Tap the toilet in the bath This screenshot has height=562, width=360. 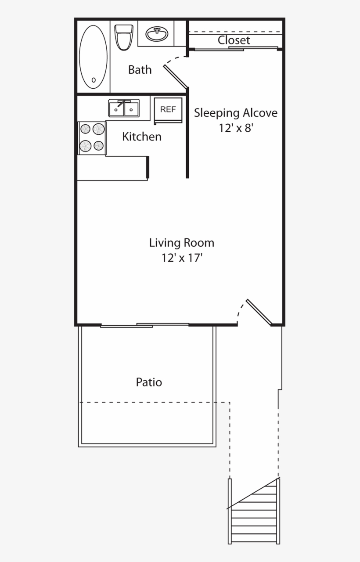(124, 37)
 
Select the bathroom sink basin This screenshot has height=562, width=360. (157, 33)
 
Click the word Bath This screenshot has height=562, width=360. (140, 70)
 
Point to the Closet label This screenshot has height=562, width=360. (234, 40)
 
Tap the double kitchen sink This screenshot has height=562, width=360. (124, 108)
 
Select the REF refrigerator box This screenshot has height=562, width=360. (168, 110)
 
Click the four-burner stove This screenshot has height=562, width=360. (92, 137)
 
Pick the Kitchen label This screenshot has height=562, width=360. (141, 137)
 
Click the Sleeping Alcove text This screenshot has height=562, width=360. (236, 113)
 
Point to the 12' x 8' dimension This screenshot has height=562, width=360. (236, 129)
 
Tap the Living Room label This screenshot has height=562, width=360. (181, 242)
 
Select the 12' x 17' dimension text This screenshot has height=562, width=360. (181, 258)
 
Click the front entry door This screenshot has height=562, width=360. (259, 313)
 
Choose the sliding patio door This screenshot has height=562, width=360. (145, 325)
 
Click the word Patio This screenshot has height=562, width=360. (149, 382)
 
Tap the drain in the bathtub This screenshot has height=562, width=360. (93, 80)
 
